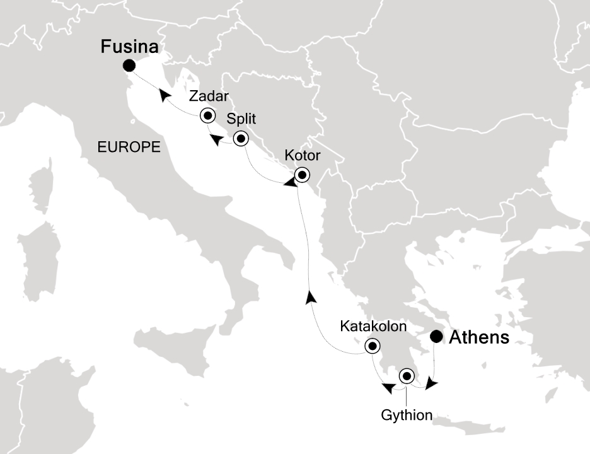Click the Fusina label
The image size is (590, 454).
(131, 47)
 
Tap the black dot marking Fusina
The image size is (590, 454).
(129, 66)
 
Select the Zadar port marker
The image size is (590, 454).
(207, 115)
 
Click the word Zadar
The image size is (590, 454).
(208, 96)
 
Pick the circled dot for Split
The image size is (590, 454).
(240, 139)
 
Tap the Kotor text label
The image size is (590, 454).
(303, 155)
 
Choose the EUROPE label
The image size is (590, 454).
(129, 147)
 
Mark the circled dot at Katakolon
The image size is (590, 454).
(373, 346)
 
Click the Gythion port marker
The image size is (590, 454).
(407, 377)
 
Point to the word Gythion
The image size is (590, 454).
(407, 416)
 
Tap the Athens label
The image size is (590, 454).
(478, 337)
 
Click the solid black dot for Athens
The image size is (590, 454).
(436, 337)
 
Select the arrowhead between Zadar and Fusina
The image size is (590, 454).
(166, 95)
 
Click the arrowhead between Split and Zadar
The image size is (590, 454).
(216, 140)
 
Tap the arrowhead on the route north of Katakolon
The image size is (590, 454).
(310, 297)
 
